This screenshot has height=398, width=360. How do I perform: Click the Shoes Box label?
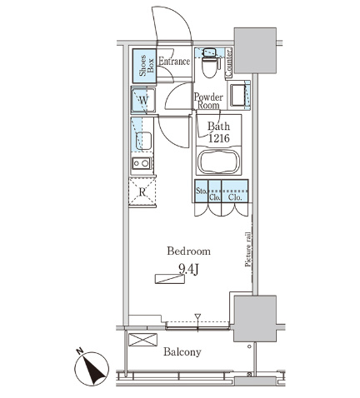[147, 66]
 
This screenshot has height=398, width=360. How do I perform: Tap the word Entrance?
[174, 61]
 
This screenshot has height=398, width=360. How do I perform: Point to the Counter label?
[229, 63]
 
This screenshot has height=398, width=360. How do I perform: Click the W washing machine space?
[143, 100]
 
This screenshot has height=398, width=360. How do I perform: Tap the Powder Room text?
[208, 101]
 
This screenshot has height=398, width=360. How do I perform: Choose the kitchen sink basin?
[143, 141]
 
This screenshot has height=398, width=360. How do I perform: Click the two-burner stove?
[142, 163]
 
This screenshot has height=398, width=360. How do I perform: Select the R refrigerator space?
[142, 192]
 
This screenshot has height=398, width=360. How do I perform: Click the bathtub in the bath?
[219, 162]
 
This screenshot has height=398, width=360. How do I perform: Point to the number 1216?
[218, 137]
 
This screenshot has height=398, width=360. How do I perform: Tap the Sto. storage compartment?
[202, 191]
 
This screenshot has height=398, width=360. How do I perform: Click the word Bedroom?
[188, 251]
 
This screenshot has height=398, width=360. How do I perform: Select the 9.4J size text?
[188, 269]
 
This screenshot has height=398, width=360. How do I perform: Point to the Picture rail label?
[247, 250]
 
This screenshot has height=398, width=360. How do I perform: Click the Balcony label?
[182, 352]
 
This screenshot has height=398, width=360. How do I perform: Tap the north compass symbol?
[92, 367]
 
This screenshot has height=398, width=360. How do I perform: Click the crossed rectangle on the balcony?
[142, 340]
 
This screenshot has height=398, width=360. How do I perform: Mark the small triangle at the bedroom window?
[197, 316]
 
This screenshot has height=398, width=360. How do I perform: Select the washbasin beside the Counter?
[237, 95]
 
